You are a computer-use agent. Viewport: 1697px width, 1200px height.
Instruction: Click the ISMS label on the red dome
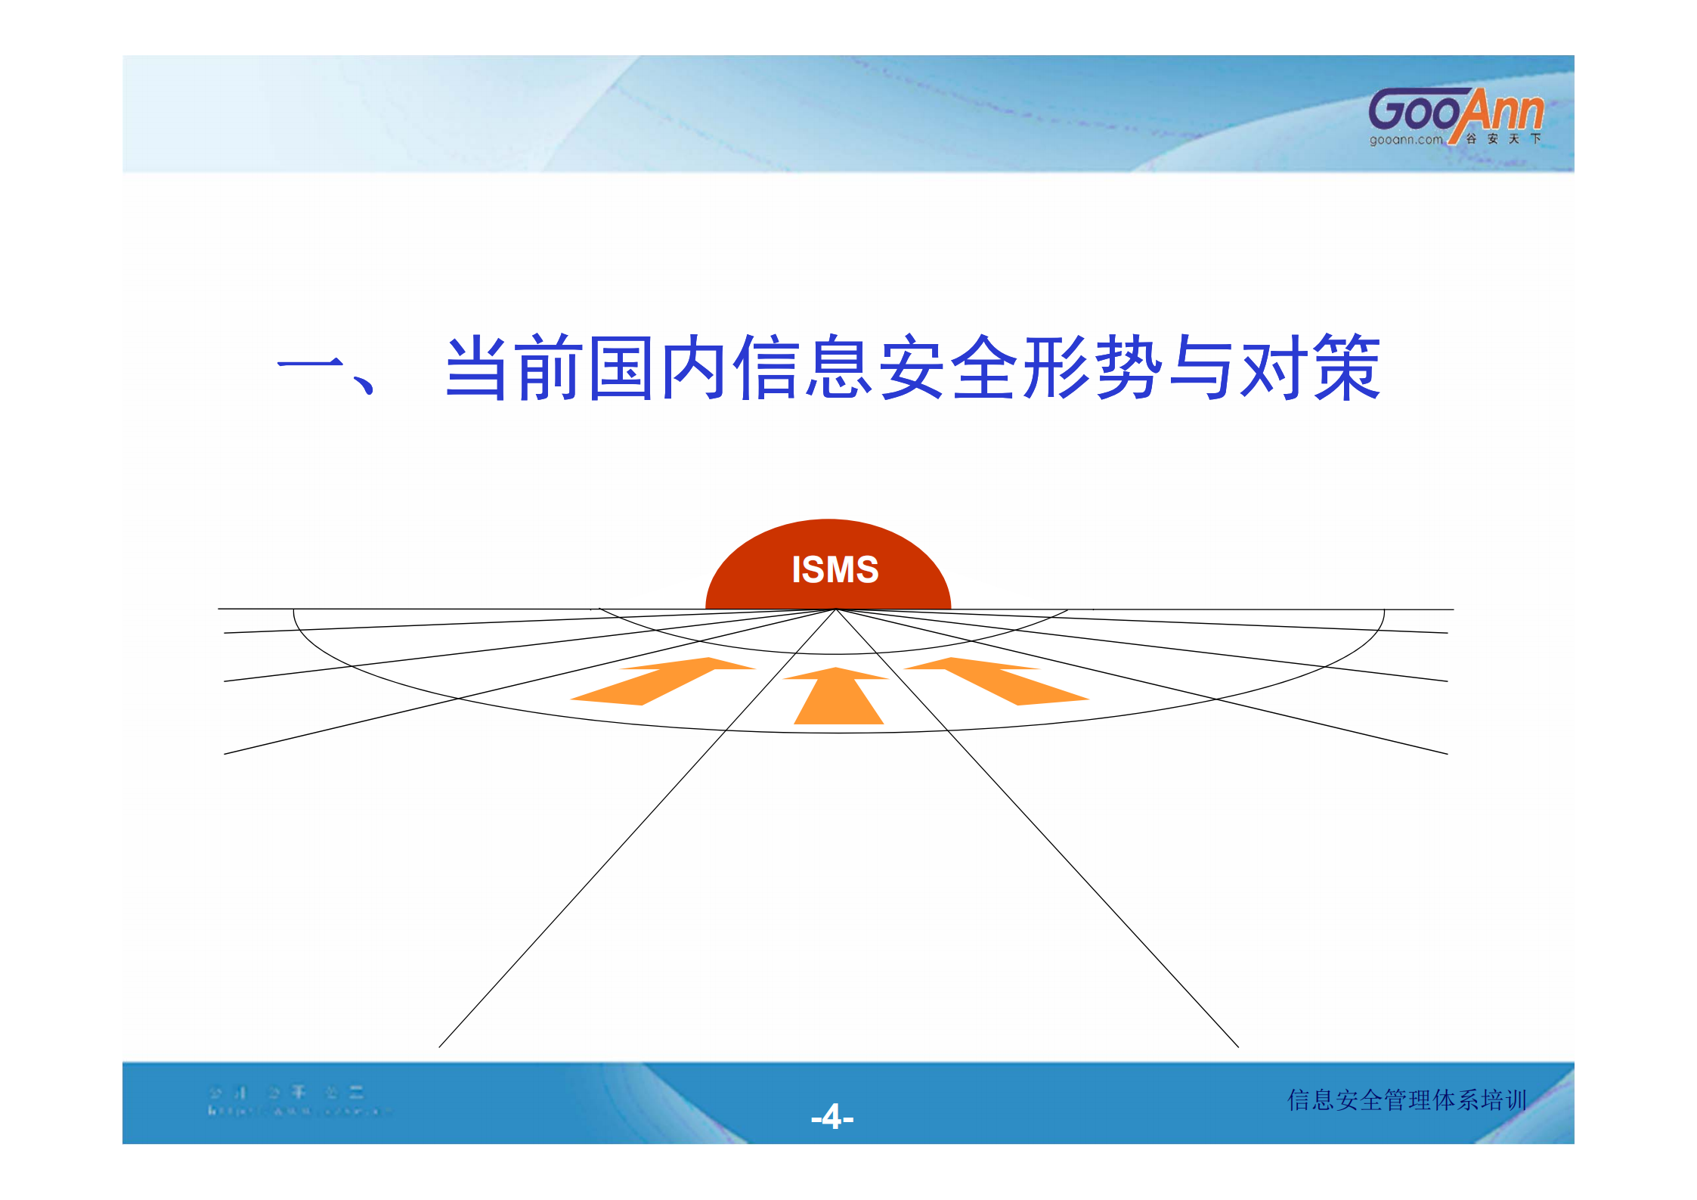point(835,569)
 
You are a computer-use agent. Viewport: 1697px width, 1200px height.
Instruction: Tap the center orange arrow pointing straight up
point(838,697)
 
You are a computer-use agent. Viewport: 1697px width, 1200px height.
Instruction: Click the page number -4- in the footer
point(831,1117)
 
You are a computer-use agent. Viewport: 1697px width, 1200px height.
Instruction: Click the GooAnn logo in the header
point(1455,112)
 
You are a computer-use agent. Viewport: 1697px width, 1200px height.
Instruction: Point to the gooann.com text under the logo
point(1405,140)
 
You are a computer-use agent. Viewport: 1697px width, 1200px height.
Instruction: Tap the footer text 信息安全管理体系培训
point(1407,1099)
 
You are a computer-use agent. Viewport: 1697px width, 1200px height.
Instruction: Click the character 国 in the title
point(621,367)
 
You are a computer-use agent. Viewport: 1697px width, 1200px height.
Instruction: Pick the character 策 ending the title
point(1346,367)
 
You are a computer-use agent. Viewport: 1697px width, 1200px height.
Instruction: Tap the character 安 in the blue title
point(912,367)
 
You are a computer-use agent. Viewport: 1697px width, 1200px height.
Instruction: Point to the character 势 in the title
point(1129,367)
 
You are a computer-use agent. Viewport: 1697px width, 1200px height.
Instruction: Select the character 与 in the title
point(1200,367)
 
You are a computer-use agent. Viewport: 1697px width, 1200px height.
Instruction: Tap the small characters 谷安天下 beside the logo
point(1503,139)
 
